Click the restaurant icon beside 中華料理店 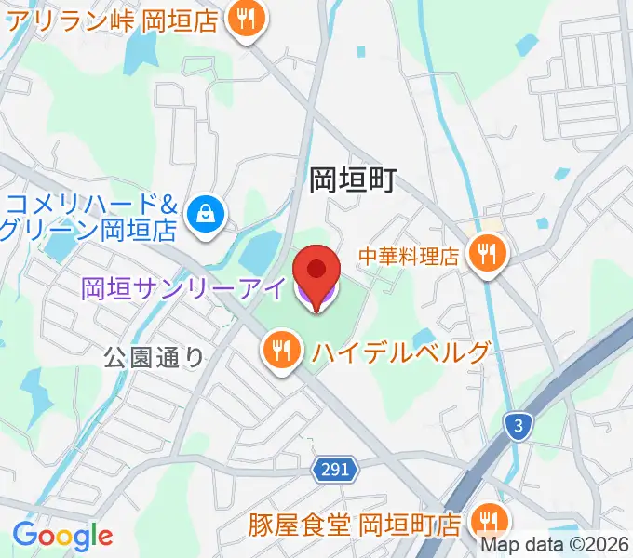coord(486,253)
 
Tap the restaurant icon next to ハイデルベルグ coord(281,352)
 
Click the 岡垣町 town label coord(353,179)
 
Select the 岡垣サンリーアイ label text coord(182,289)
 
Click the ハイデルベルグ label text coord(401,352)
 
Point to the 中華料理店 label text coord(411,254)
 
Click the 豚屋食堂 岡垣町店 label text coord(355,525)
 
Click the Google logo coord(62,536)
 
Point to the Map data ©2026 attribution coord(554,546)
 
